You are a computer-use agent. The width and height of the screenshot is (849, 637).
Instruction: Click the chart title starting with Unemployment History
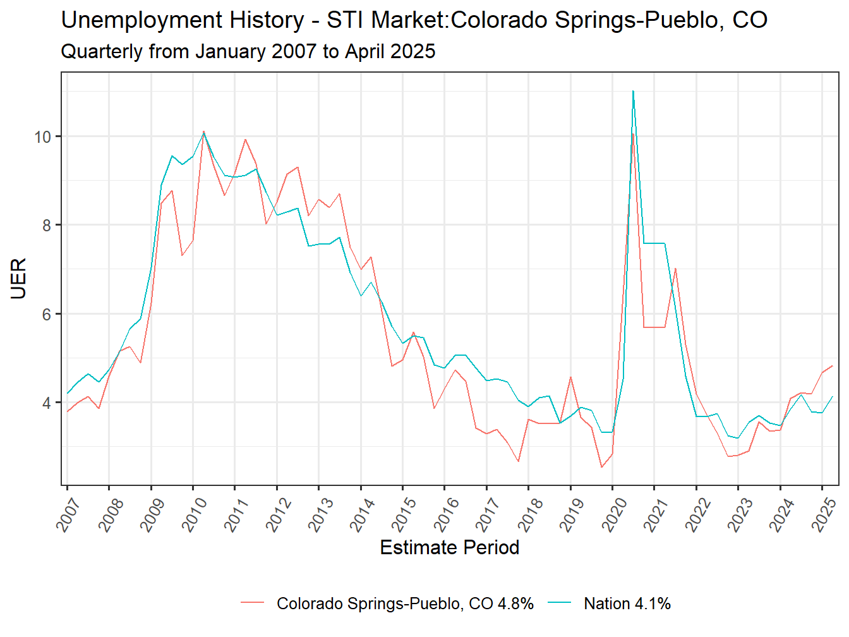[414, 20]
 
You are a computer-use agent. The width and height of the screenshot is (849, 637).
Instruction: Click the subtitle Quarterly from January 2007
[248, 51]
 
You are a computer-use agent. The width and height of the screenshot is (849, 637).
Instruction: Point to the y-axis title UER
[18, 278]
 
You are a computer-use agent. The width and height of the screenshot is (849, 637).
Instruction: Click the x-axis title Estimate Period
[449, 547]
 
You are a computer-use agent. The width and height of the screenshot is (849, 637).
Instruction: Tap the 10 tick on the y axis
[43, 136]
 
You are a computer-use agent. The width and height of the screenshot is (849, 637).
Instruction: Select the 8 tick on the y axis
[47, 225]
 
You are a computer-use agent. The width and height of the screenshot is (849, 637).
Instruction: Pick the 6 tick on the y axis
[47, 314]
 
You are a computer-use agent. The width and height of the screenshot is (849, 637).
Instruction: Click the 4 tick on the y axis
[47, 403]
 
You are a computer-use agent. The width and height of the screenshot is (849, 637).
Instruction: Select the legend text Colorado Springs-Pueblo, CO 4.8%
[405, 604]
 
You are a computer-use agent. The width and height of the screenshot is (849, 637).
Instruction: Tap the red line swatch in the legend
[252, 604]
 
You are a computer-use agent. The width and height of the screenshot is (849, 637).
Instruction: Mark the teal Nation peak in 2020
[633, 91]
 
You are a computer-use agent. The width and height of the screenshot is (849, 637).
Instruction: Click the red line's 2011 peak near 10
[245, 139]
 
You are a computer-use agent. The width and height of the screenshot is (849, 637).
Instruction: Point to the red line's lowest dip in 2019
[601, 467]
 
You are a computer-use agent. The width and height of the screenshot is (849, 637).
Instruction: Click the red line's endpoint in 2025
[833, 366]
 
